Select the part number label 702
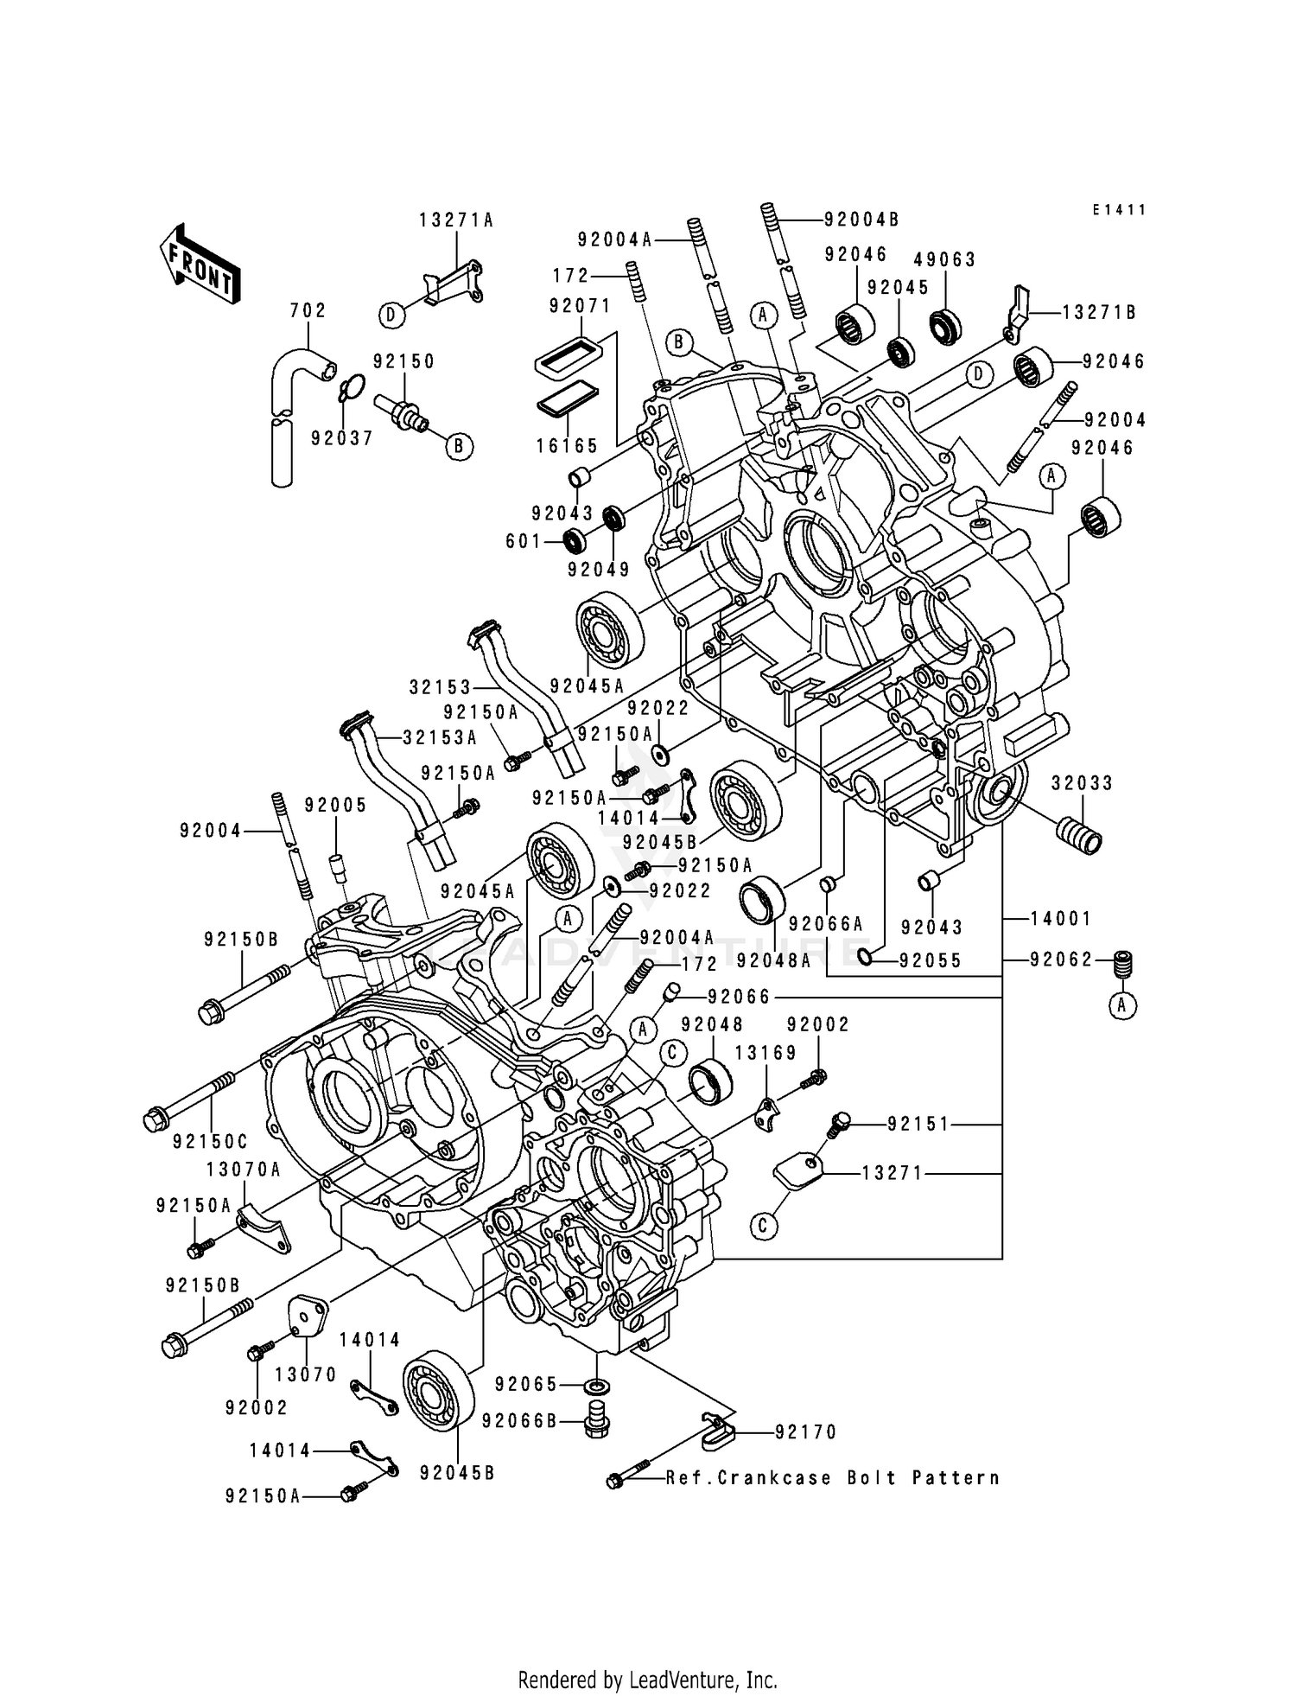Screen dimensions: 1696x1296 tap(308, 310)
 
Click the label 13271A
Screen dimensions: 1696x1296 tap(456, 220)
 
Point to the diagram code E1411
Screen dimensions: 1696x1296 tap(1118, 210)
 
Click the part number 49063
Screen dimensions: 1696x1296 tap(945, 259)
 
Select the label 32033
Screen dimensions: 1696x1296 tap(1082, 783)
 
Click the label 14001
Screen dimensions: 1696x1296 tap(1061, 919)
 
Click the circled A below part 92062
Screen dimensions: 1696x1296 tap(1122, 1004)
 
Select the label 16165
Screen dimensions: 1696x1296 tap(567, 446)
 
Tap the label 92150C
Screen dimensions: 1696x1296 tap(210, 1142)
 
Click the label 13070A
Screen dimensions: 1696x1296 tap(244, 1170)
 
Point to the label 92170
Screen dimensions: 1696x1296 tap(806, 1432)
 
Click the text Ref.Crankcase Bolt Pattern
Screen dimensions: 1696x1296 tap(832, 1477)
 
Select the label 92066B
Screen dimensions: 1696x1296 tap(519, 1420)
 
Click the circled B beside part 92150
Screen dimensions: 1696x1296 tap(459, 446)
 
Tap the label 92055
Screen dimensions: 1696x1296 tap(930, 960)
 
